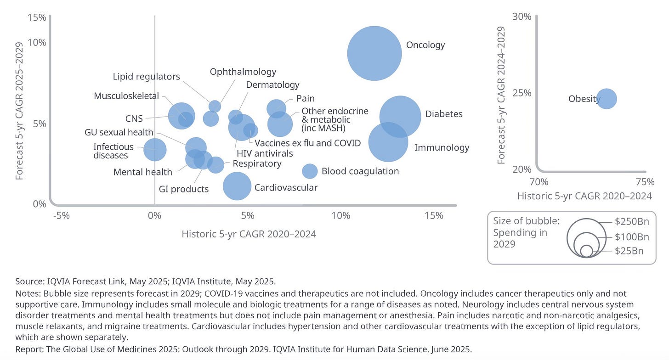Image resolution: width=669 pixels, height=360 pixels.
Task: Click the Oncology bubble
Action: click(x=374, y=53)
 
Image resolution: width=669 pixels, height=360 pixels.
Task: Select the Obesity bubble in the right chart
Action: click(x=607, y=99)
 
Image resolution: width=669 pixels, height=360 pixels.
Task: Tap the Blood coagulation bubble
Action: click(x=310, y=171)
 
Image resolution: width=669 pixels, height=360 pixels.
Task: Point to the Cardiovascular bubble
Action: click(x=237, y=186)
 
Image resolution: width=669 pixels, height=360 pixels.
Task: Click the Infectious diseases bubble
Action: click(x=155, y=149)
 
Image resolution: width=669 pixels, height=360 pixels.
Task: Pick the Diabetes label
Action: click(x=443, y=114)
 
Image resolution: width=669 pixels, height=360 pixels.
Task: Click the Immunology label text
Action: click(x=442, y=147)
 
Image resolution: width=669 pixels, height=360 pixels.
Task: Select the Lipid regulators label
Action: click(x=147, y=77)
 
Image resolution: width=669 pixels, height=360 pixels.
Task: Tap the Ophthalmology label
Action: click(x=243, y=72)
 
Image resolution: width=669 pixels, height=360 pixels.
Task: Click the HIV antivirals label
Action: click(x=264, y=153)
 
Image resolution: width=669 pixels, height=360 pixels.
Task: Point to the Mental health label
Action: click(x=143, y=172)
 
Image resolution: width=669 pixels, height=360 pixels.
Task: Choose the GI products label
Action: click(x=184, y=189)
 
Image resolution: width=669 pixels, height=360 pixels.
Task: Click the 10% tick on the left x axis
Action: click(x=341, y=216)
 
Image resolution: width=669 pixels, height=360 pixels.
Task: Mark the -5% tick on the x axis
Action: click(x=61, y=216)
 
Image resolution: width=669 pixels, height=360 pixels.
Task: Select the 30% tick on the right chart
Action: click(x=522, y=17)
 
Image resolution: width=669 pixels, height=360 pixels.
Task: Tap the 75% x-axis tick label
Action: click(x=645, y=181)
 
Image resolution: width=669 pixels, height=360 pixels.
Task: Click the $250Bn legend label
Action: click(x=632, y=222)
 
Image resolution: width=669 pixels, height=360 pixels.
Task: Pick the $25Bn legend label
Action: click(x=629, y=251)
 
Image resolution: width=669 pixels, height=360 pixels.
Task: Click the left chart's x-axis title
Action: click(x=249, y=234)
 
